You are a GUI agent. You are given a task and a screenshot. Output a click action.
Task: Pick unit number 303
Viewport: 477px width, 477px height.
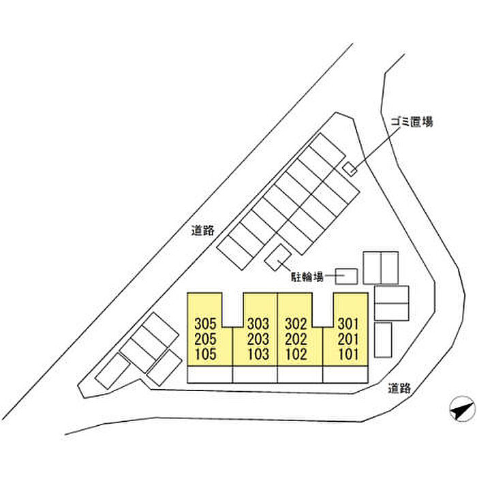tap(259, 323)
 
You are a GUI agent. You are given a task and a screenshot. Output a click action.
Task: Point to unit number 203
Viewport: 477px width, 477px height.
tap(259, 339)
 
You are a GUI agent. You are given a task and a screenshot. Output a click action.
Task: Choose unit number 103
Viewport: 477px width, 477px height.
tap(259, 354)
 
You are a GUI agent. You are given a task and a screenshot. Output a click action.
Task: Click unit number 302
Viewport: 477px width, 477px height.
tap(295, 323)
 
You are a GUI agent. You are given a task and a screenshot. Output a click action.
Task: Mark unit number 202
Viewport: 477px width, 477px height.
tap(295, 339)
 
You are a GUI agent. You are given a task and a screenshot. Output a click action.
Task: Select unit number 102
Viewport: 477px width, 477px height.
tap(295, 354)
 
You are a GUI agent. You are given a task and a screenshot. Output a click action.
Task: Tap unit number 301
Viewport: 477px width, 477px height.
tap(348, 323)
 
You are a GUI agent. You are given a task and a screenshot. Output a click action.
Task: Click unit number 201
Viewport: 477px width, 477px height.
tap(348, 339)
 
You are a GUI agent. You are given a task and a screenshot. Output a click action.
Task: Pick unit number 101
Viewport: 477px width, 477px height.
tap(348, 354)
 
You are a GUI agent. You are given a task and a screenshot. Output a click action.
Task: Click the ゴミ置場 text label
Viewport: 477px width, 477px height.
tap(412, 122)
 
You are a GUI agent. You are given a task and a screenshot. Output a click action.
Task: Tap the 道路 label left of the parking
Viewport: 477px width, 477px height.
tap(203, 230)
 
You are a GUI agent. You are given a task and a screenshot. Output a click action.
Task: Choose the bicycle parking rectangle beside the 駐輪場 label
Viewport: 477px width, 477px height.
tap(345, 275)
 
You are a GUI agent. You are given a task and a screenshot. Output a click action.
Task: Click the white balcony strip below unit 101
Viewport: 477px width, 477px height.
tap(345, 375)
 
